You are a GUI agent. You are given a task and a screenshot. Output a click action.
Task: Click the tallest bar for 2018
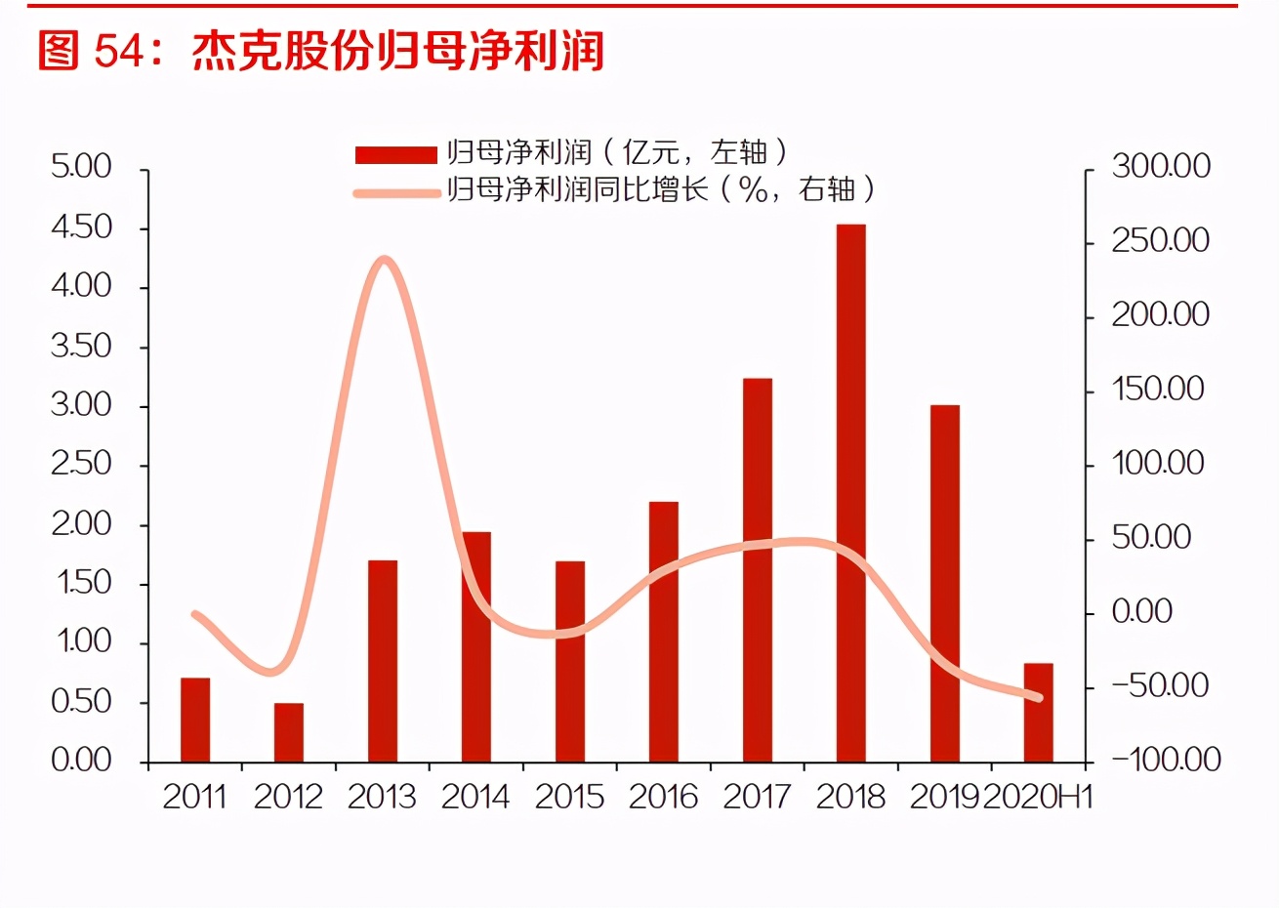click(850, 493)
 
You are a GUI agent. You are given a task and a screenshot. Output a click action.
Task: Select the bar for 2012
click(288, 732)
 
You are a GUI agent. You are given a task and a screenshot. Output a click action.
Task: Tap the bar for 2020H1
click(1038, 713)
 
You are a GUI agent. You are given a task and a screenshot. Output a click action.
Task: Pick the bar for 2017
click(757, 570)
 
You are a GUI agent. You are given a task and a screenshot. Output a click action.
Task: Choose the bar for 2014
click(475, 646)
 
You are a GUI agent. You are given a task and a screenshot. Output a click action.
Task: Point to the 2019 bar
click(944, 583)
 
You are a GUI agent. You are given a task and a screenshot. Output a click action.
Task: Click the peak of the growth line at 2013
click(384, 260)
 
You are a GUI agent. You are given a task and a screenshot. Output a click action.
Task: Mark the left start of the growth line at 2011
click(195, 614)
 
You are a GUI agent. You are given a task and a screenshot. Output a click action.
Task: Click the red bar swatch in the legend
click(395, 154)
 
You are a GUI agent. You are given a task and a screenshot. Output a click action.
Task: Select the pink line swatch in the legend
click(395, 192)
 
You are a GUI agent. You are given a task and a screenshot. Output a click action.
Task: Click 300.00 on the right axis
click(1160, 166)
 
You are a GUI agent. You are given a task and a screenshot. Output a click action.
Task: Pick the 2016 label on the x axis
click(663, 798)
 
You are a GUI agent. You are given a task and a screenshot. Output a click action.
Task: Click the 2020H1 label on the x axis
click(1037, 798)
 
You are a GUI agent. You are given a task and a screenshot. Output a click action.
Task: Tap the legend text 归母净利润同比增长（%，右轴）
click(660, 189)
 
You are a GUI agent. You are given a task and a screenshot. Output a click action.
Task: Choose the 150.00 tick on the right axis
click(1158, 389)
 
